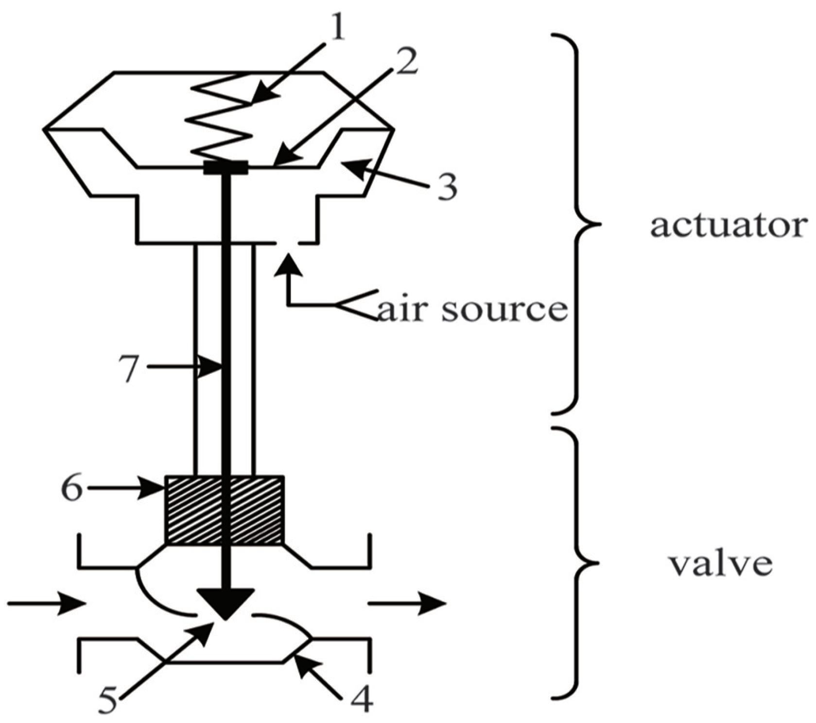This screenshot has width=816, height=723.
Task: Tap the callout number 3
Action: click(x=446, y=186)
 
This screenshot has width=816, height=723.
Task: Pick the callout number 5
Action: click(x=108, y=701)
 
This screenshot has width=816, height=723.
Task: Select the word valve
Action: click(x=720, y=564)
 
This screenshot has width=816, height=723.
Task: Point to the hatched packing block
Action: click(x=224, y=510)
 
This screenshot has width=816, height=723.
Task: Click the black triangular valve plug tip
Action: click(x=226, y=603)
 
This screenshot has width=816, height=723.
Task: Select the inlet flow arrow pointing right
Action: click(x=47, y=603)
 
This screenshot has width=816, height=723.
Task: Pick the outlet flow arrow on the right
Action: click(x=406, y=603)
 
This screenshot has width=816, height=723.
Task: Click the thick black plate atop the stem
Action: click(x=226, y=168)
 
